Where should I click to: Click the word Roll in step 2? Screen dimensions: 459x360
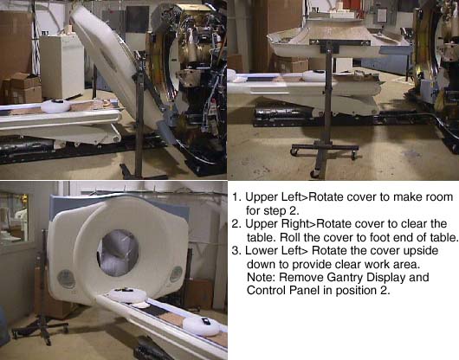tap(290, 237)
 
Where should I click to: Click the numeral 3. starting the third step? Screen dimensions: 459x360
tap(236, 251)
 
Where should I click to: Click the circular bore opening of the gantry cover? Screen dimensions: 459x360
tap(118, 253)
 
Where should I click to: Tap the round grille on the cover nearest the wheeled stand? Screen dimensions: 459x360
tap(66, 279)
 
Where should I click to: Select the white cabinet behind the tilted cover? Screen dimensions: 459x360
tap(61, 67)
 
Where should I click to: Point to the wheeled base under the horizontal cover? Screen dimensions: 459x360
tap(325, 157)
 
